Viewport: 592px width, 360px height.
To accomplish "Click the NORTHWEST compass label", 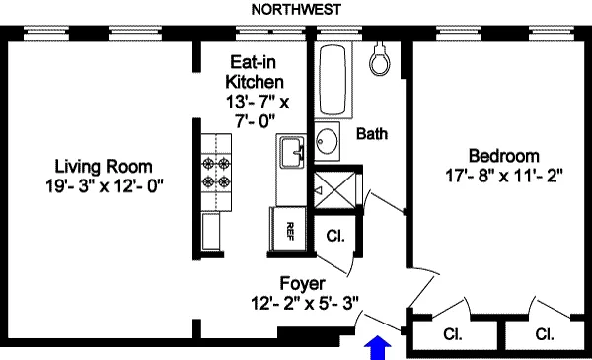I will pyautogui.click(x=297, y=10).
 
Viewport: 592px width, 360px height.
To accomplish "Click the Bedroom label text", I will pyautogui.click(x=503, y=156).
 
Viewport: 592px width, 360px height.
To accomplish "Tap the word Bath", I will pyautogui.click(x=371, y=133).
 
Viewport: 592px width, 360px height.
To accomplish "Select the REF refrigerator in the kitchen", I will pyautogui.click(x=288, y=231).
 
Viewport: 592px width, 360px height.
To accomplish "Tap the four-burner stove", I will pyautogui.click(x=216, y=173).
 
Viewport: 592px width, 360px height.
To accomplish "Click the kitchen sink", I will pyautogui.click(x=292, y=154).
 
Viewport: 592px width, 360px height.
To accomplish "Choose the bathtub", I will pyautogui.click(x=331, y=80).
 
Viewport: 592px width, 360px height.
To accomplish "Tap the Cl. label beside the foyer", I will pyautogui.click(x=334, y=236).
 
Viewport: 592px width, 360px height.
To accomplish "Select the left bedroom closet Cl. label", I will pyautogui.click(x=453, y=333).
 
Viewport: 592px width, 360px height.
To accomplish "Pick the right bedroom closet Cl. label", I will pyautogui.click(x=545, y=333).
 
